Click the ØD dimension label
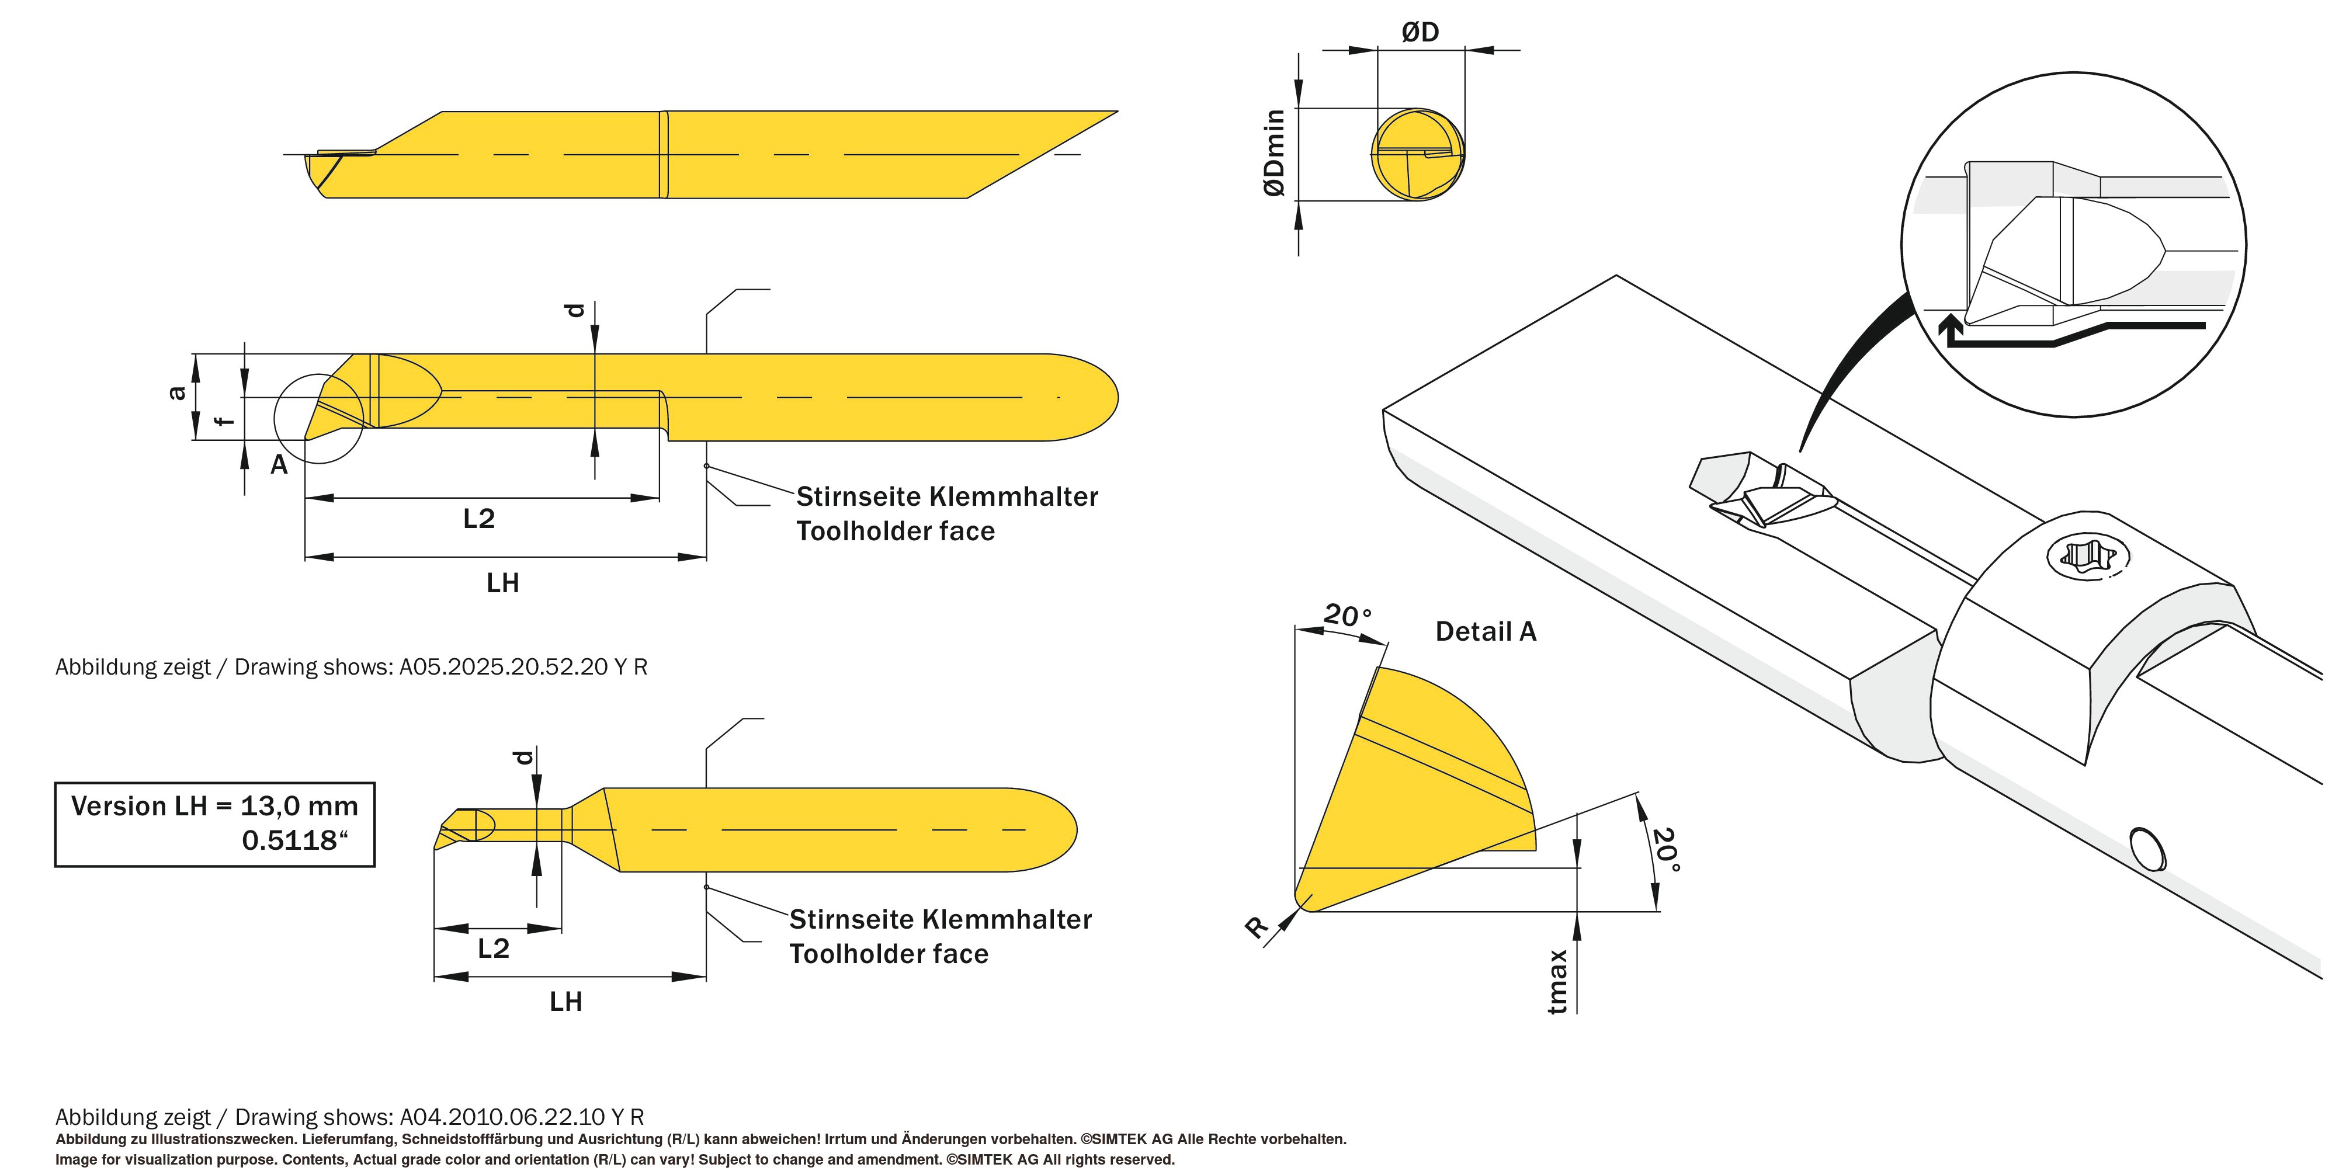pos(1420,33)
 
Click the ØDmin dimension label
pos(1275,152)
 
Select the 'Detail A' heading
pos(1486,632)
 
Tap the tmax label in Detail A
pos(1556,981)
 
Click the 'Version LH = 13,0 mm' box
pos(214,823)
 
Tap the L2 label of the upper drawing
pos(479,519)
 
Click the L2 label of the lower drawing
pos(494,948)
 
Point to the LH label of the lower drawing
pos(566,1002)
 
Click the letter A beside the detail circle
pos(279,465)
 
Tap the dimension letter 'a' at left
pos(178,392)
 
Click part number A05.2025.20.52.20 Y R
pos(523,667)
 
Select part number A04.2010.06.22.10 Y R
pos(522,1117)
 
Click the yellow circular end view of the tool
pos(1417,155)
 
